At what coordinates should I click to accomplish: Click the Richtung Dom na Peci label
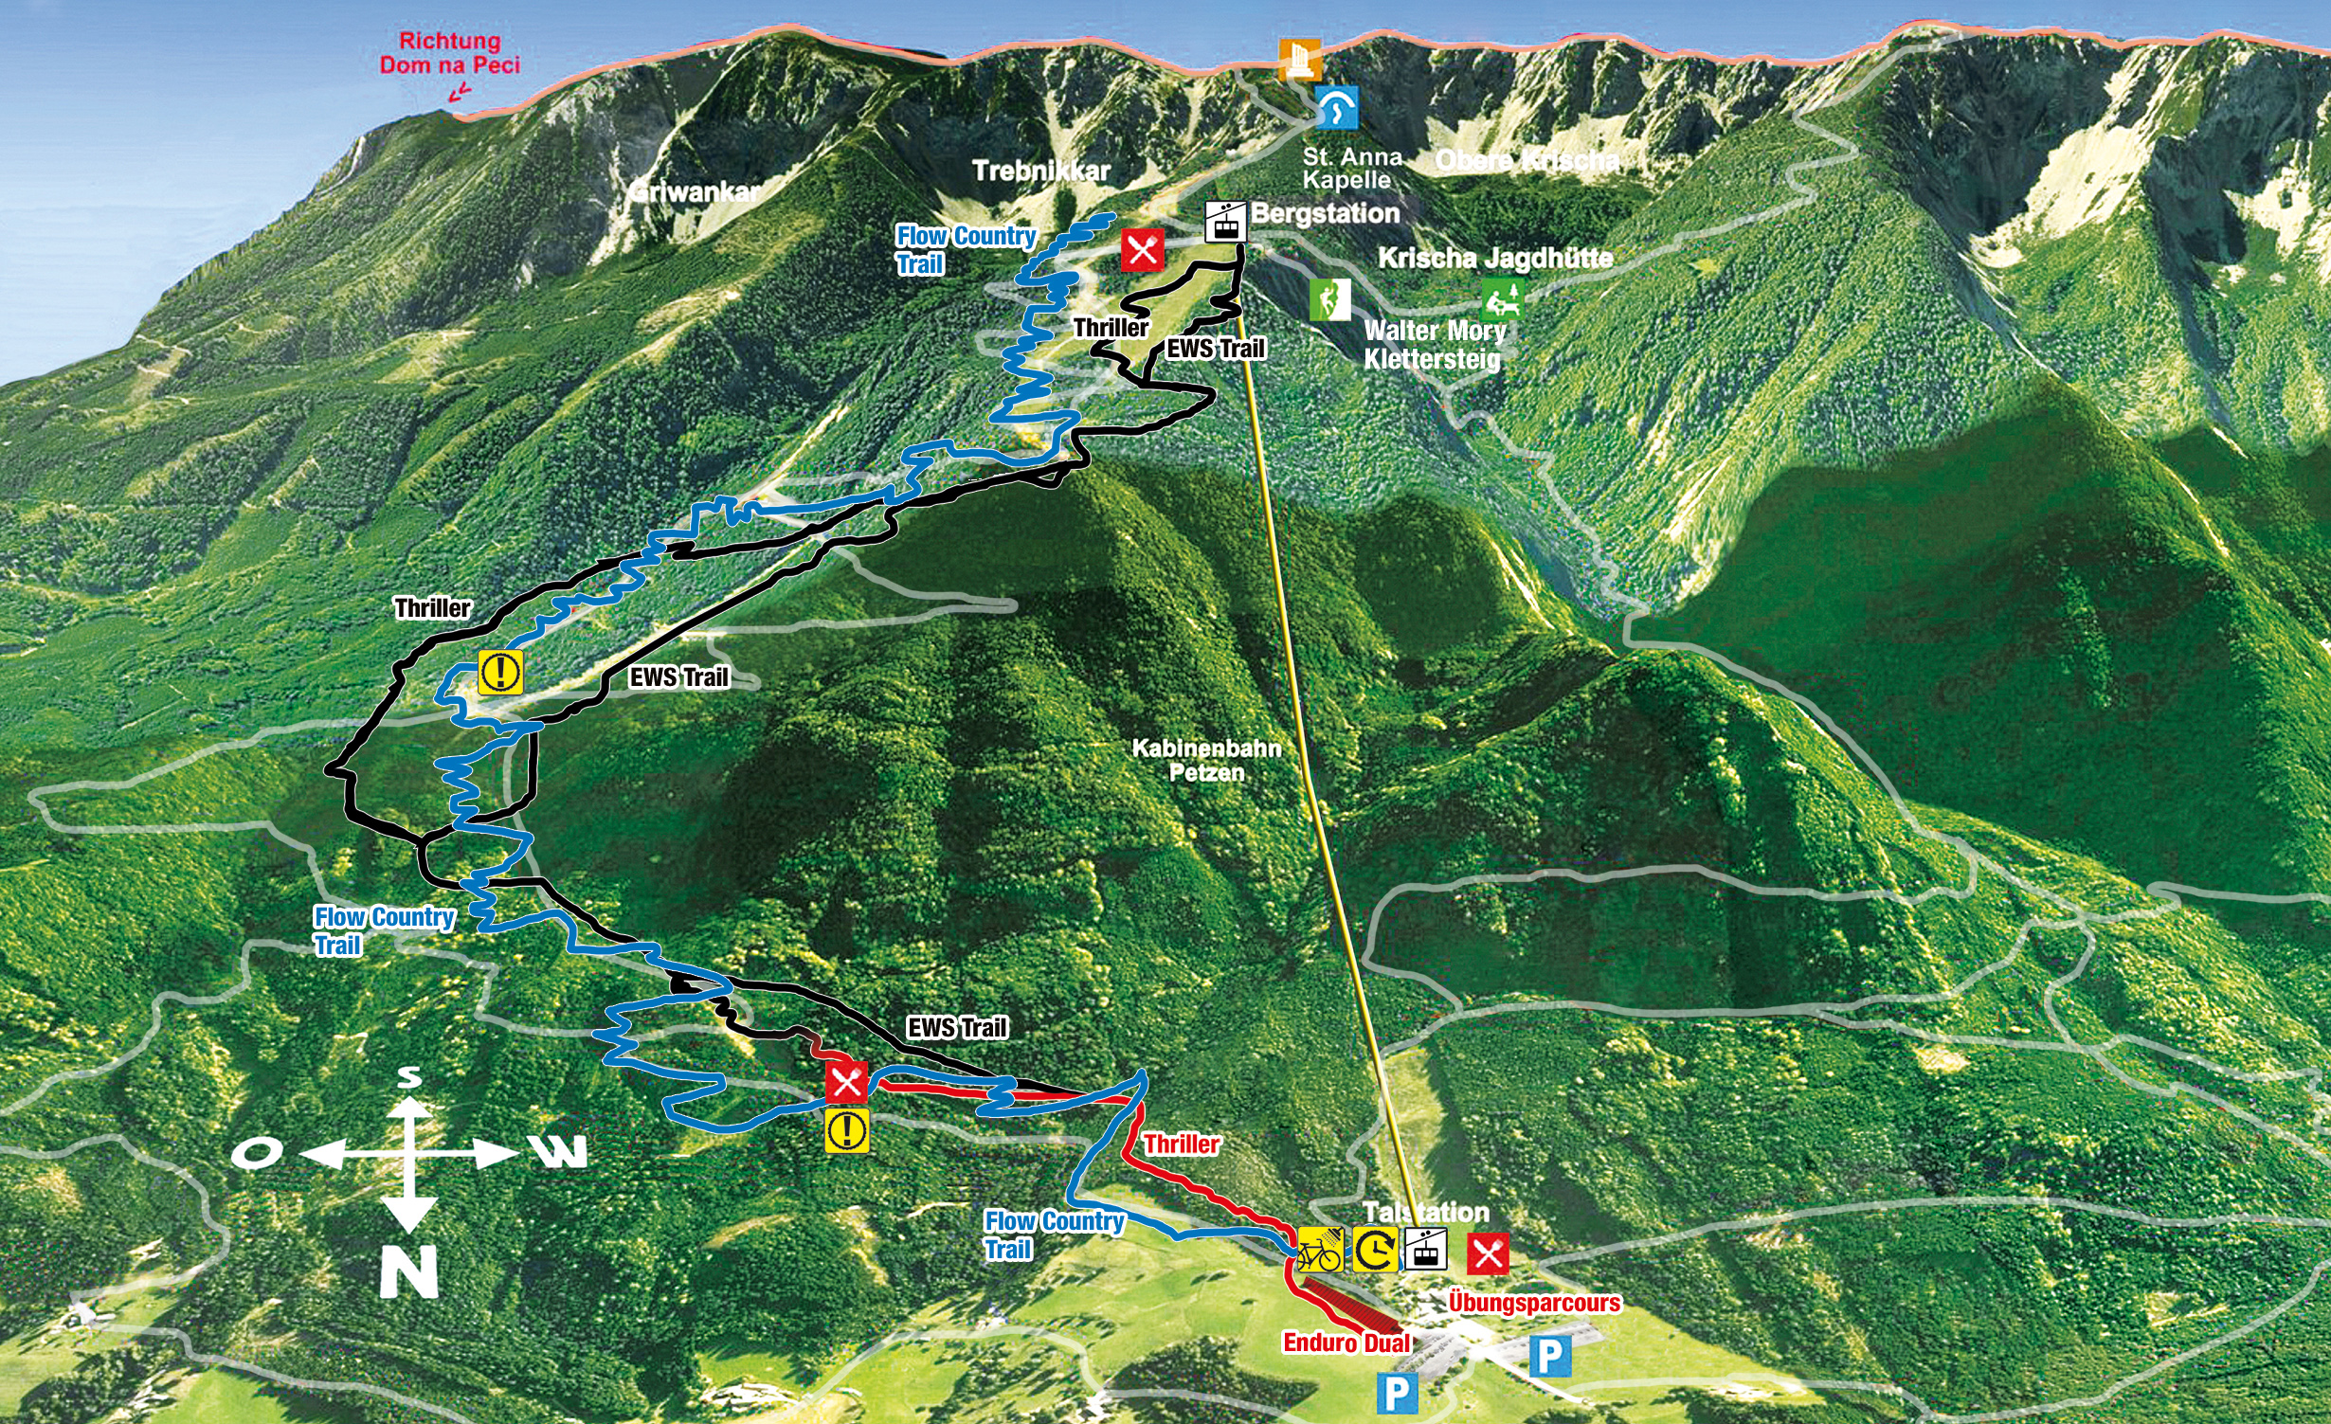coord(450,53)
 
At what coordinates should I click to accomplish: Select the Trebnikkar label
coord(1040,171)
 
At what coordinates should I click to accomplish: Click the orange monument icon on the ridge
coord(1299,61)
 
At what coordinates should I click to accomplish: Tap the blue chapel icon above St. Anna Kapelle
coord(1336,108)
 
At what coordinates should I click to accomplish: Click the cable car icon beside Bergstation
coord(1224,222)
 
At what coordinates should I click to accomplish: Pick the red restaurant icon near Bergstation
coord(1142,250)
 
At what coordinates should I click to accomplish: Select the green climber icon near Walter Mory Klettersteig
coord(1329,299)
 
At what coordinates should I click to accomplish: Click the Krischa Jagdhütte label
coord(1494,258)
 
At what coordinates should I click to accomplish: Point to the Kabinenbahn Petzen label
coord(1206,760)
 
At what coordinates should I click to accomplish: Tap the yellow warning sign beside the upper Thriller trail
coord(500,672)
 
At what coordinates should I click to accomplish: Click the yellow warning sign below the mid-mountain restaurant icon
coord(846,1130)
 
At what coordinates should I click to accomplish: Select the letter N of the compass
coord(408,1271)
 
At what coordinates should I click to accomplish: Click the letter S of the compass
coord(408,1077)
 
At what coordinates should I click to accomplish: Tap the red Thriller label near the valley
coord(1181,1144)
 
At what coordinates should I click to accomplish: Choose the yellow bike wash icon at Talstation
coord(1320,1250)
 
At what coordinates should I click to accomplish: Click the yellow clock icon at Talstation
coord(1374,1250)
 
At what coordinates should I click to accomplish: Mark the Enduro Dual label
coord(1346,1342)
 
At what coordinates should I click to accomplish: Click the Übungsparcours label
coord(1534,1302)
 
